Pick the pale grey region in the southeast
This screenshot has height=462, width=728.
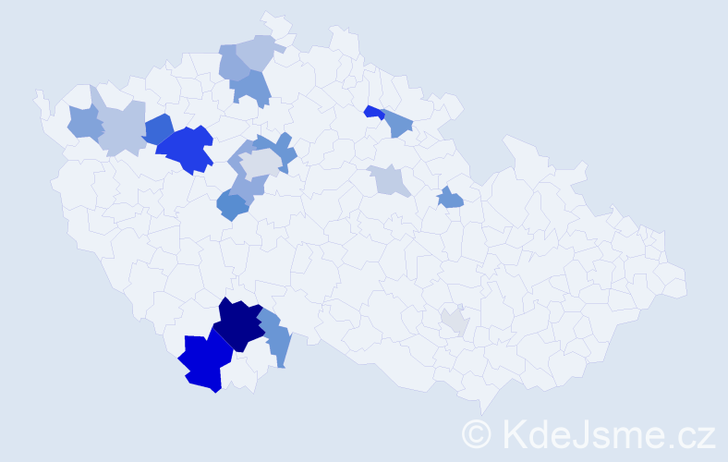454,322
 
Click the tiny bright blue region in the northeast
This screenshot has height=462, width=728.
372,112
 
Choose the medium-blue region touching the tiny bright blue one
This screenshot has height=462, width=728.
396,123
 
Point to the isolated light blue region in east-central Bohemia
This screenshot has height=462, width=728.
389,179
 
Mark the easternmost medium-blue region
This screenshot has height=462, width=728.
450,197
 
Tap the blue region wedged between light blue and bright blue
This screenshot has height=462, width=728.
158,129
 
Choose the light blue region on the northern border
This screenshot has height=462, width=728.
256,52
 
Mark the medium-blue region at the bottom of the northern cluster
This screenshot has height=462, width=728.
250,88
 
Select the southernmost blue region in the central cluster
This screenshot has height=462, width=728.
232,206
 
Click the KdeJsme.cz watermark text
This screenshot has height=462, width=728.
608,433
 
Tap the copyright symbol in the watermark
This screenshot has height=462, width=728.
478,433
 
